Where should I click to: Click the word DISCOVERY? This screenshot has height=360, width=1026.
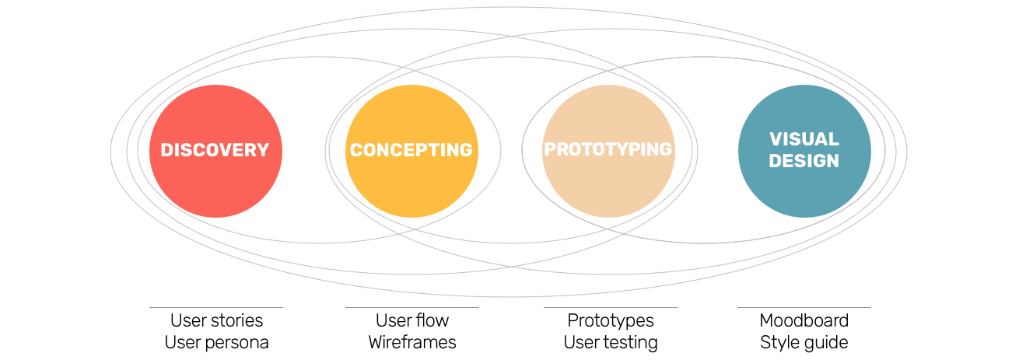pos(215,151)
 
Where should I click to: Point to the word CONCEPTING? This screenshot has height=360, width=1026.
pos(411,151)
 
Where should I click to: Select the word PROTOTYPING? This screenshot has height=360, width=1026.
pos(608,149)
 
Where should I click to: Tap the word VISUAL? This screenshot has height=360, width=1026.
pos(804,140)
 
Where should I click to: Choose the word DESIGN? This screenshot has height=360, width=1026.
pos(804,162)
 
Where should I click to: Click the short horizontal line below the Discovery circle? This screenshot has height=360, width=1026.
pos(215,308)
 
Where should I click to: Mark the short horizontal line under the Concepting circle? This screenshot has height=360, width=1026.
pos(411,308)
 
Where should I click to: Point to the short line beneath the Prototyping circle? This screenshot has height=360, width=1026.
pos(610,308)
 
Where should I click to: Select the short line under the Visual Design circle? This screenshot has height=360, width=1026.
pos(804,308)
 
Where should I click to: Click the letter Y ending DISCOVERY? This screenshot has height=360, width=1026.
pos(263,151)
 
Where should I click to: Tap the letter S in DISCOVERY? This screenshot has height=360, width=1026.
pos(183,151)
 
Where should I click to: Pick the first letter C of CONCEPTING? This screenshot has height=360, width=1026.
pos(356,151)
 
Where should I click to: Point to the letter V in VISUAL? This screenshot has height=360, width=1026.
pos(776,140)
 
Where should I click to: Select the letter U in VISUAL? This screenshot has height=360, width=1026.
pos(809,140)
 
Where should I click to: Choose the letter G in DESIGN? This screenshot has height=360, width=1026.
pos(814,162)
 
